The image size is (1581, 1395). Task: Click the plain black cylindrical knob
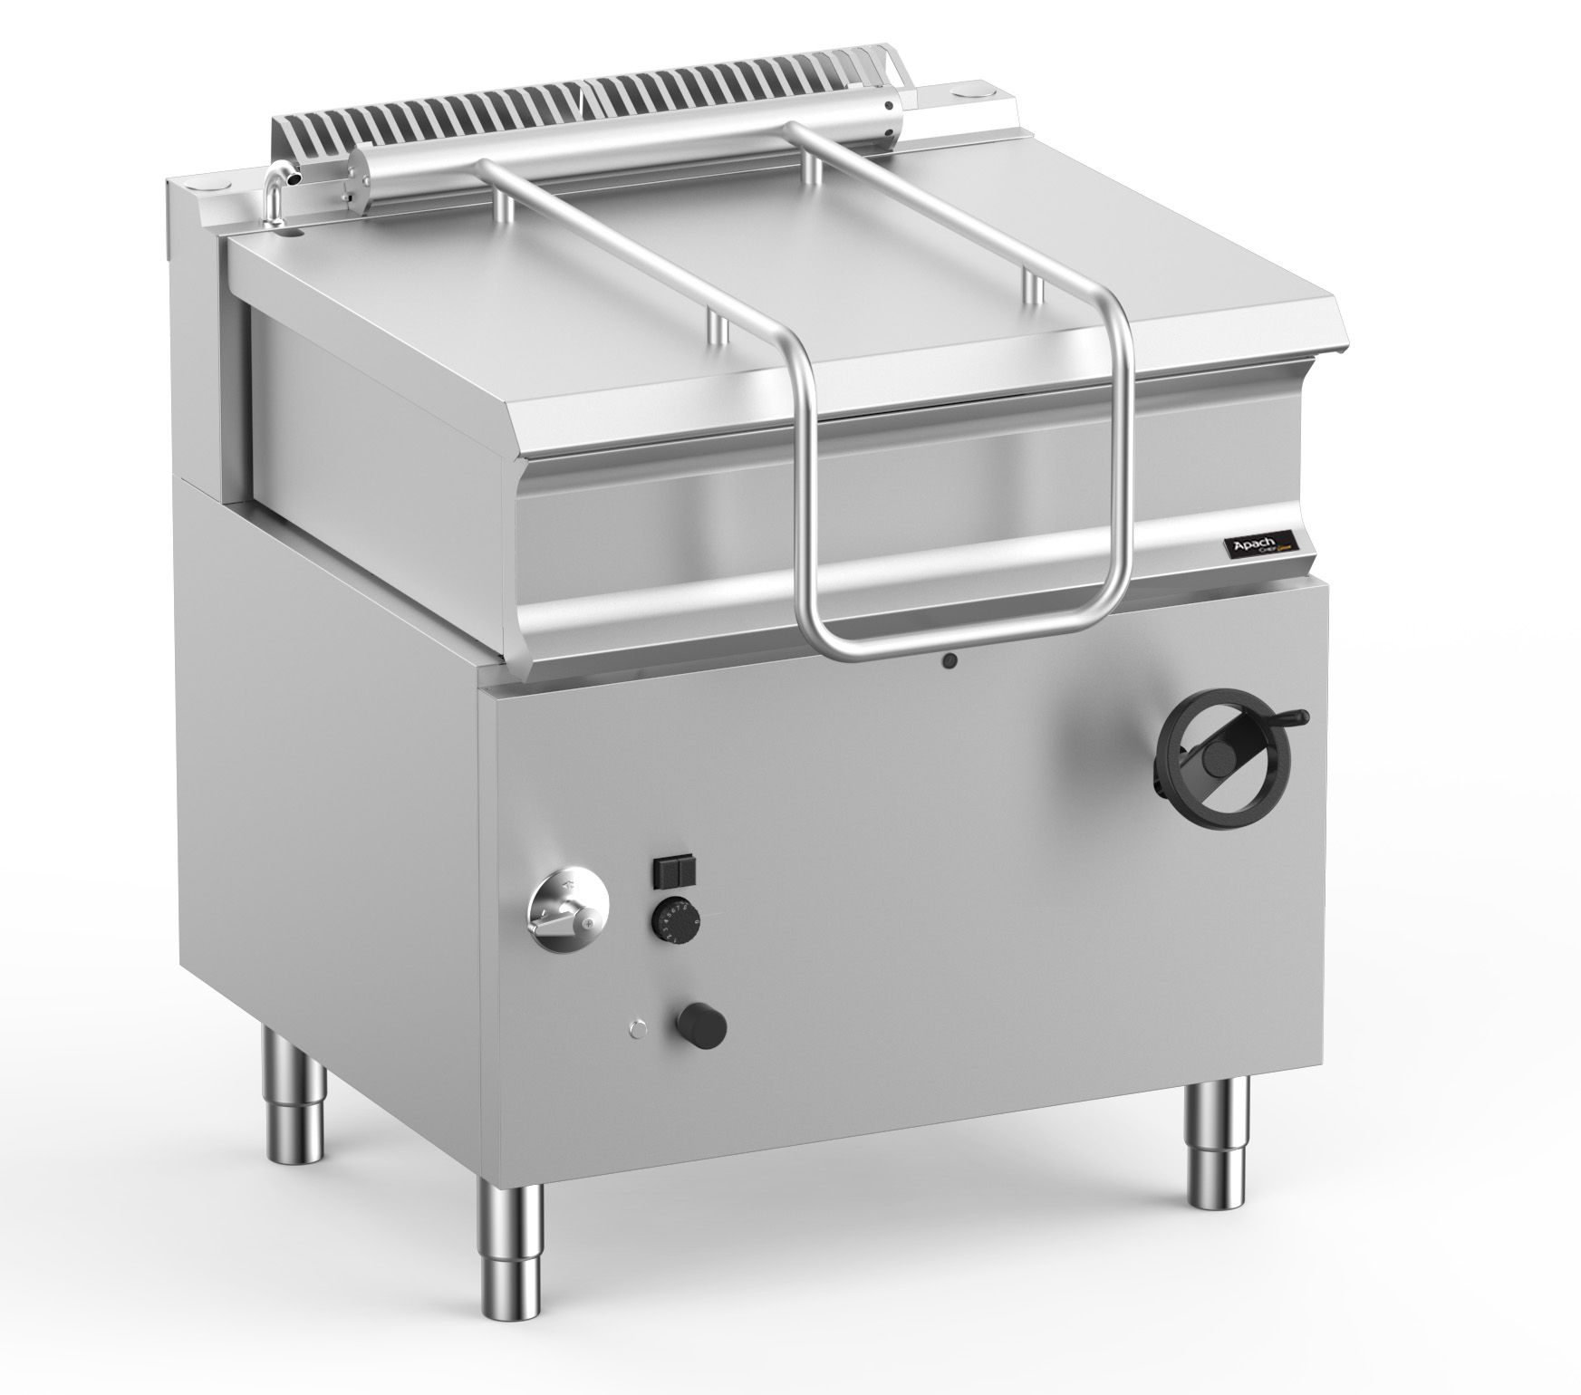[702, 1025]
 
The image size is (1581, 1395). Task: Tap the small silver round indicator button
[638, 1027]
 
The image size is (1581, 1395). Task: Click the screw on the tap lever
[589, 926]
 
